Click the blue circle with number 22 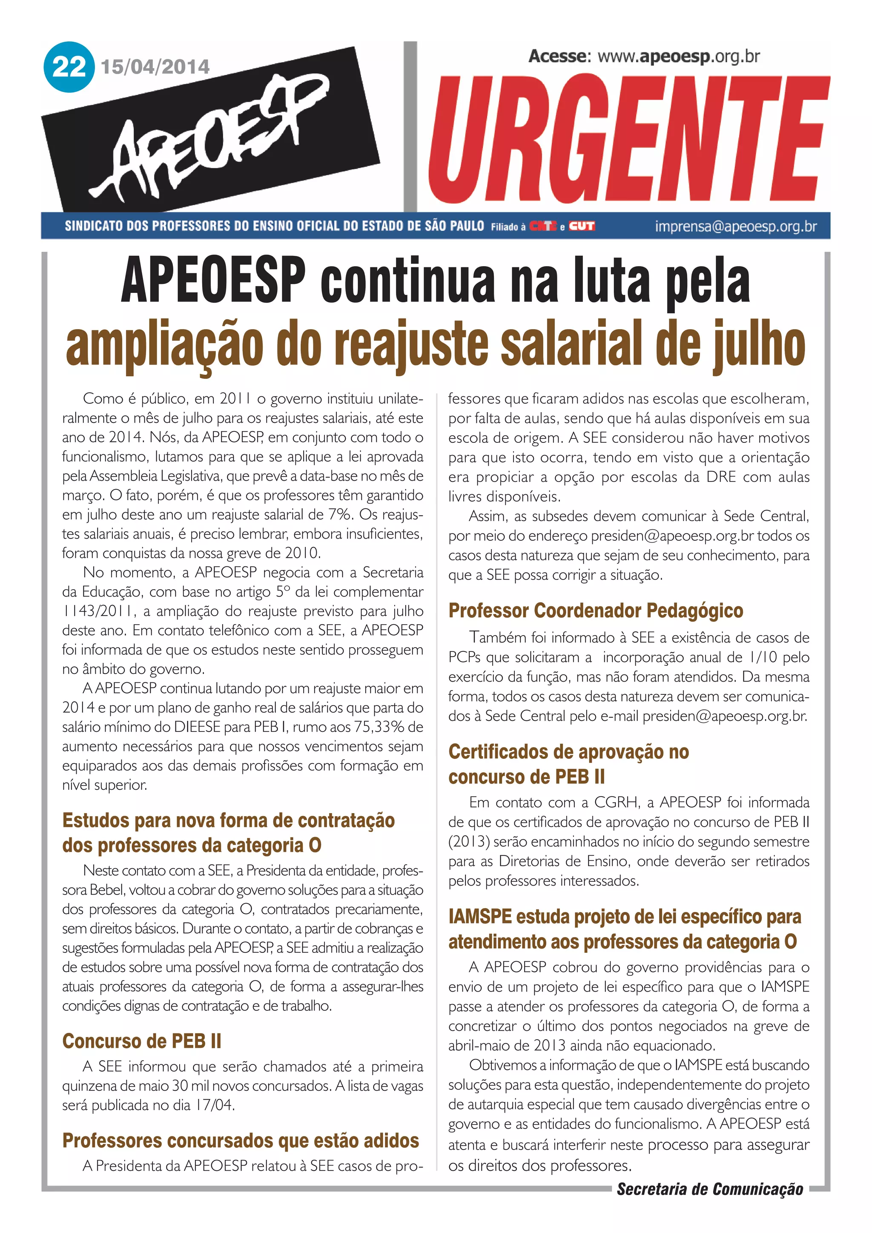tap(69, 67)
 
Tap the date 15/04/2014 tap(155, 67)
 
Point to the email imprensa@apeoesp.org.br tap(736, 227)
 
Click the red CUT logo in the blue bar tap(582, 226)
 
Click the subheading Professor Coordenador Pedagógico tap(596, 611)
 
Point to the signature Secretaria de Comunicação tap(710, 1189)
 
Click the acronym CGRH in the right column tap(615, 802)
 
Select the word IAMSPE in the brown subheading tap(479, 917)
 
